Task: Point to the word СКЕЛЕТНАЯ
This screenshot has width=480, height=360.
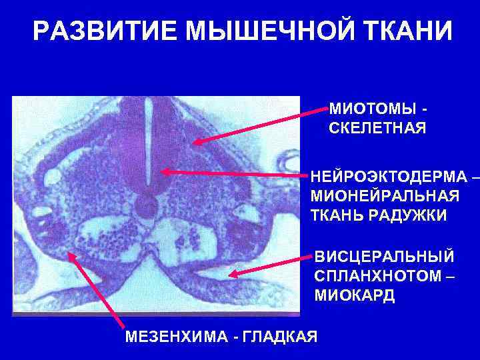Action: [377, 128]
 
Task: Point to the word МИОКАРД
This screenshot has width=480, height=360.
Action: [354, 295]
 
